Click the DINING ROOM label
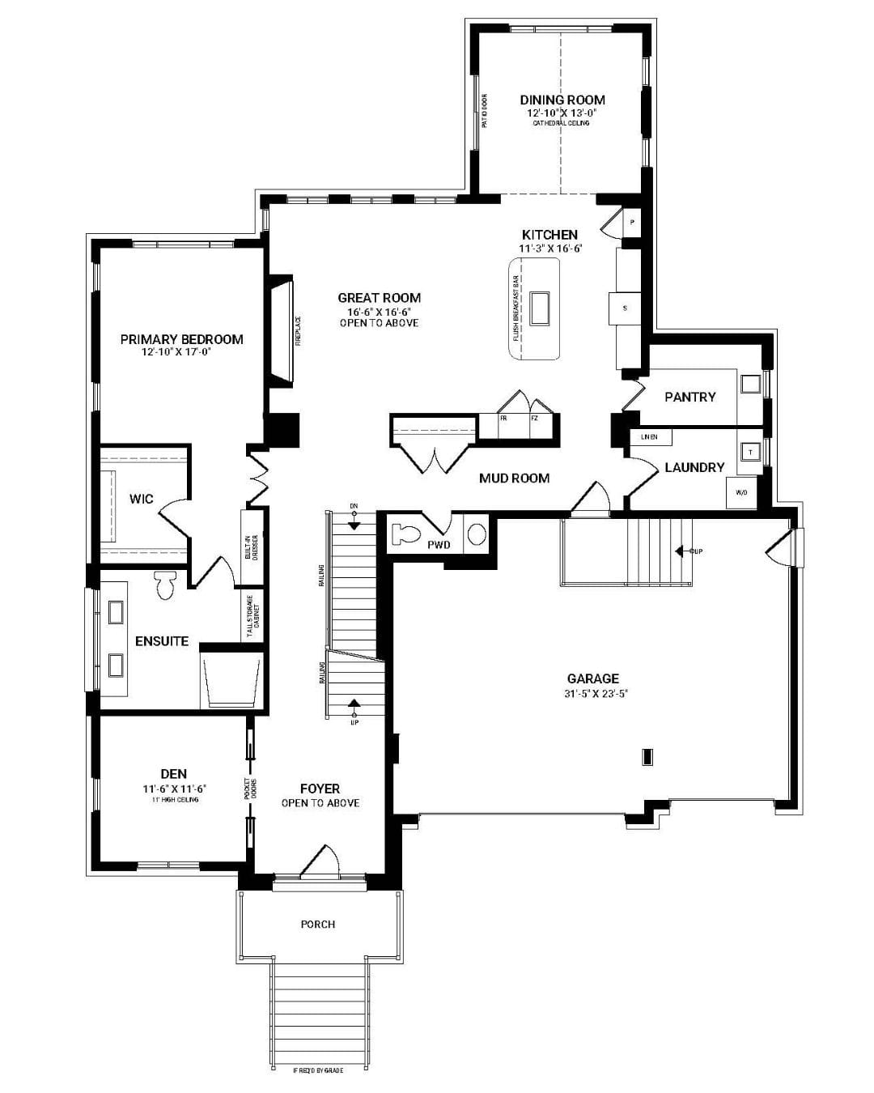point(562,100)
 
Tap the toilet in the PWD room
point(404,534)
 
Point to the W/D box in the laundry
point(741,492)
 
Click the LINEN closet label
point(649,437)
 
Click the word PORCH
point(317,924)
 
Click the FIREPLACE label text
point(298,331)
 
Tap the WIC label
point(142,499)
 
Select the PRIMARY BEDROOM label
point(181,339)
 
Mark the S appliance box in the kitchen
point(625,308)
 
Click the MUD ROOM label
point(514,478)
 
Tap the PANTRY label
point(689,397)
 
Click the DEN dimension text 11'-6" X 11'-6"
point(175,788)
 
